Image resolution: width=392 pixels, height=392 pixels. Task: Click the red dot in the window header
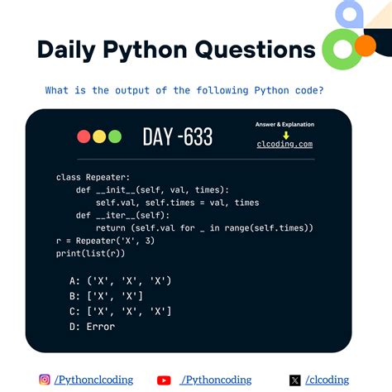84,136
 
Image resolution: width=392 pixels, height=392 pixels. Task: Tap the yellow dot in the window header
98,136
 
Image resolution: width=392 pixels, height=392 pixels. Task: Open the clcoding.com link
284,144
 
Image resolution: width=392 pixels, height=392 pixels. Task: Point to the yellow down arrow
285,134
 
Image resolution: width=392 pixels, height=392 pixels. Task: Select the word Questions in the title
256,50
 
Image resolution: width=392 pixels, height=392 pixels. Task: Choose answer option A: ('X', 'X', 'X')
121,281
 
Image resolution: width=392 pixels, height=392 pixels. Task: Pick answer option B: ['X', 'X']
107,296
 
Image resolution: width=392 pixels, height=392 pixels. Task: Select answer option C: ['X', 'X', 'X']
121,311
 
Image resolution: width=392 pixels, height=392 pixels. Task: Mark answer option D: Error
93,326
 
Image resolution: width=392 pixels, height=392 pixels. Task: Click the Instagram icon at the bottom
45,380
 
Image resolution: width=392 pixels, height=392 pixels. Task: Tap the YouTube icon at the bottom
164,380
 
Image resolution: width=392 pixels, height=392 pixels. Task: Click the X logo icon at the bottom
295,380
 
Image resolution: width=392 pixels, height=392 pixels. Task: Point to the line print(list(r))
97,252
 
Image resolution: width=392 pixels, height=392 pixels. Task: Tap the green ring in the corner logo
340,52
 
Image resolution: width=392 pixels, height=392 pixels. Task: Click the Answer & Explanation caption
284,124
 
